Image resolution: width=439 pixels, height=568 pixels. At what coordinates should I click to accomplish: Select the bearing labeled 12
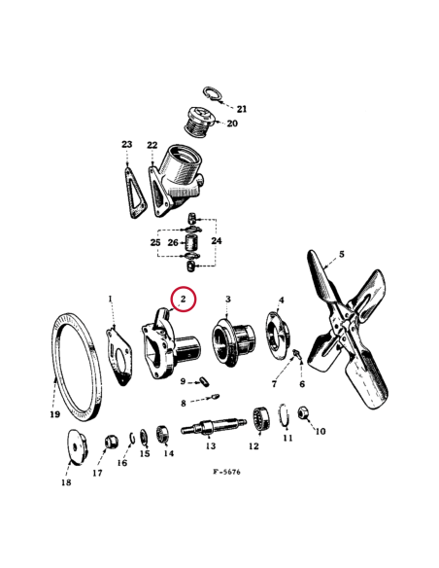pyautogui.click(x=259, y=420)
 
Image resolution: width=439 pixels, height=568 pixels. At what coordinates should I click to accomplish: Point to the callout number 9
pyautogui.click(x=182, y=380)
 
